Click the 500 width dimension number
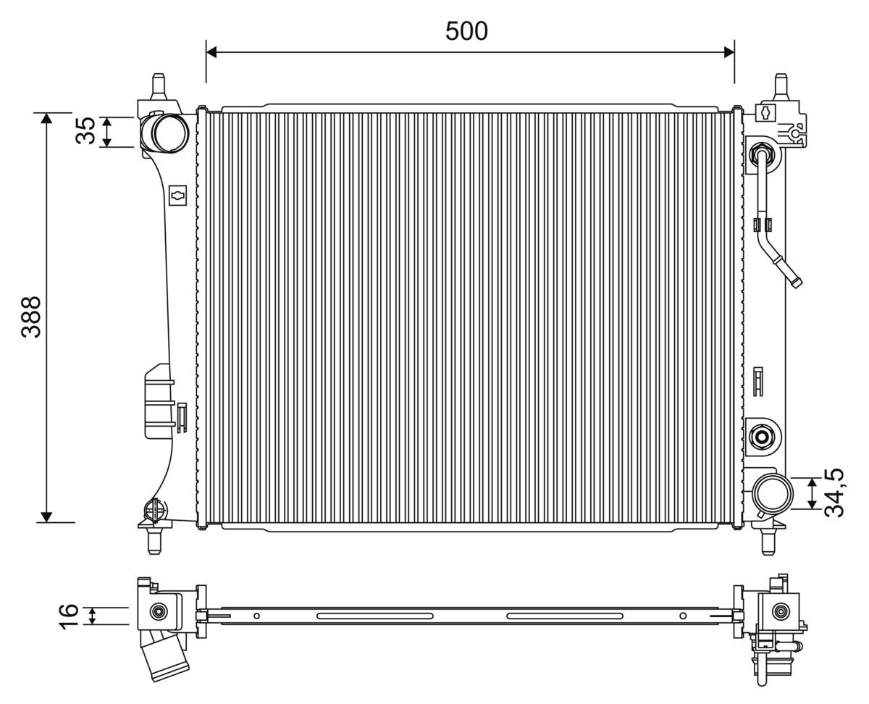466,31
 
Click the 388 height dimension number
30,317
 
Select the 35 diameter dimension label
85,131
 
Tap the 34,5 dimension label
836,493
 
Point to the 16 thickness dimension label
68,616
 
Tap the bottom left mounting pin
153,541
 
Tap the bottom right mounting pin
768,541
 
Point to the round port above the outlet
762,436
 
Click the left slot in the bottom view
375,616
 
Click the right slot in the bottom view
564,616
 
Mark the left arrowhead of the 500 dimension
212,51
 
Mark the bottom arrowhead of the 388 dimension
47,516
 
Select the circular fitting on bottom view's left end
157,612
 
